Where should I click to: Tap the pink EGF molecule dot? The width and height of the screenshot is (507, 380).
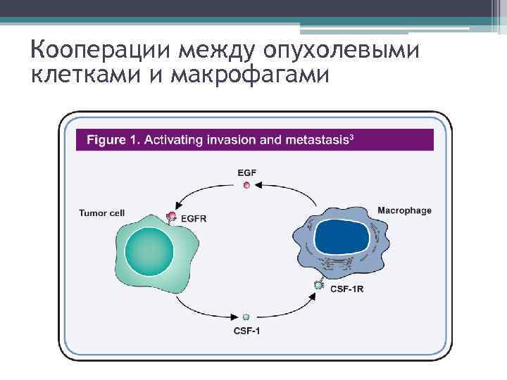point(246,185)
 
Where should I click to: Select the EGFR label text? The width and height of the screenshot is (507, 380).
point(194,219)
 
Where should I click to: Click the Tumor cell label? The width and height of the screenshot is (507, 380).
point(102,212)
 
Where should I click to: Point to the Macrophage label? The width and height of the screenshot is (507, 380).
point(404,210)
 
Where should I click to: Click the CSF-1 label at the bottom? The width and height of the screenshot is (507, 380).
point(246,330)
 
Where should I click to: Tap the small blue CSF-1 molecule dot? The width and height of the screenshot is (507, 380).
point(246,317)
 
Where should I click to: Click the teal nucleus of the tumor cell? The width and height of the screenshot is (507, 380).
point(149,248)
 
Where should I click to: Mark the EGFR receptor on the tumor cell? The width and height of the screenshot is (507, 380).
point(171,217)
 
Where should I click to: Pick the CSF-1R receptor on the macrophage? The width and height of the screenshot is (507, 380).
point(320,285)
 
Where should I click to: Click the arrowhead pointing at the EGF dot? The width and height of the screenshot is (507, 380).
point(258,185)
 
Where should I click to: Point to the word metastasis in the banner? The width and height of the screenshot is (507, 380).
point(316,139)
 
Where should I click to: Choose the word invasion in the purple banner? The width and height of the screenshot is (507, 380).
point(232,139)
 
